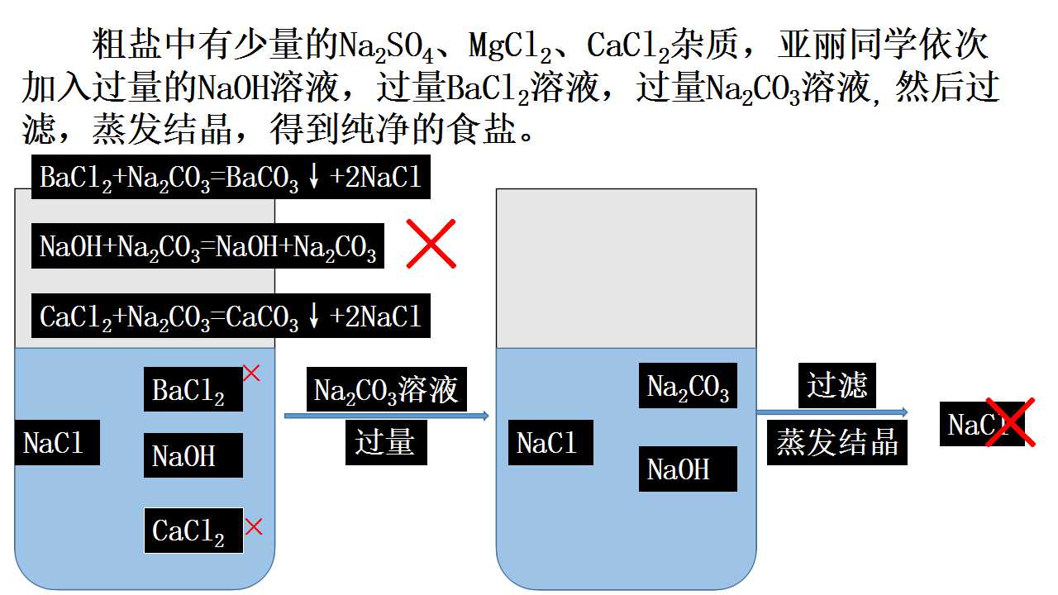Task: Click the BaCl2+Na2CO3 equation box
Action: pyautogui.click(x=231, y=177)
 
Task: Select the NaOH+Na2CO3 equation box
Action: pyautogui.click(x=207, y=246)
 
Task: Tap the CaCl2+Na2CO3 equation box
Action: pyautogui.click(x=231, y=316)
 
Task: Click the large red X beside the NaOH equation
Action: pyautogui.click(x=431, y=244)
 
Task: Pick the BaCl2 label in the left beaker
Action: pyautogui.click(x=193, y=389)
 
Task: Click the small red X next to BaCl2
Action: pyautogui.click(x=251, y=373)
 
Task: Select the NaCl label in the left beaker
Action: pyautogui.click(x=57, y=442)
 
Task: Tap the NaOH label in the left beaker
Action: pyautogui.click(x=193, y=455)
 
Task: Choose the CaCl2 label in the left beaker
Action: pyautogui.click(x=193, y=531)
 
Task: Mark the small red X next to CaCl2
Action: pyautogui.click(x=254, y=526)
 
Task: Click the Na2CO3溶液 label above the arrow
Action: pyautogui.click(x=386, y=389)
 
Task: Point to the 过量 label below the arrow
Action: pyautogui.click(x=386, y=442)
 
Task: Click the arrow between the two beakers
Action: pyautogui.click(x=386, y=416)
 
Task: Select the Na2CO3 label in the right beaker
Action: pyautogui.click(x=688, y=385)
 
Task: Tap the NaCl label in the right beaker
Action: pyautogui.click(x=550, y=442)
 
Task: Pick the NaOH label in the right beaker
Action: pyautogui.click(x=688, y=469)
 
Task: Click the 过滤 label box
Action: pyautogui.click(x=837, y=385)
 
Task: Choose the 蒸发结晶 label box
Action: pyautogui.click(x=837, y=442)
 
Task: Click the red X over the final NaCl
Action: pyautogui.click(x=1010, y=422)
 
